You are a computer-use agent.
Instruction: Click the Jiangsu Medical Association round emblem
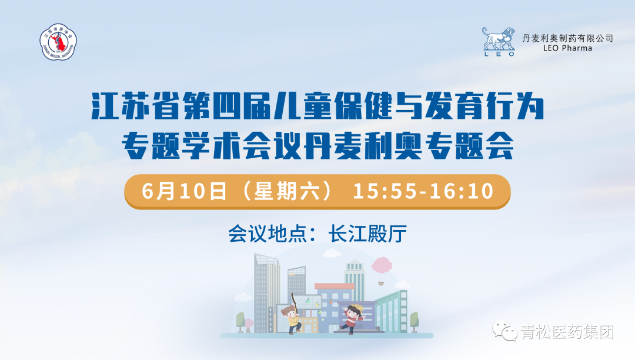pyautogui.click(x=58, y=42)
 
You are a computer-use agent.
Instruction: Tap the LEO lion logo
pyautogui.click(x=499, y=42)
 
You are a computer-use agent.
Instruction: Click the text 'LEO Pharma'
pyautogui.click(x=567, y=48)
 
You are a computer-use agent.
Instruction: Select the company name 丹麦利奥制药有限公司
pyautogui.click(x=567, y=38)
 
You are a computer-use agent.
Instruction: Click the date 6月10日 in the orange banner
pyautogui.click(x=184, y=191)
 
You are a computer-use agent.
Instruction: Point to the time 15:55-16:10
pyautogui.click(x=423, y=191)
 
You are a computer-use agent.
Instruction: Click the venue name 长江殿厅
pyautogui.click(x=367, y=234)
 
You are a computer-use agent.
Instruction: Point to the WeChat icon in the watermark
pyautogui.click(x=504, y=331)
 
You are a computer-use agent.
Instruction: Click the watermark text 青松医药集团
pyautogui.click(x=567, y=332)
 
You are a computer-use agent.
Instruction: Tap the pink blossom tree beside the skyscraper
pyautogui.click(x=249, y=325)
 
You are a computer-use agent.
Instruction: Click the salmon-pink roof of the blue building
pyautogui.click(x=335, y=286)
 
